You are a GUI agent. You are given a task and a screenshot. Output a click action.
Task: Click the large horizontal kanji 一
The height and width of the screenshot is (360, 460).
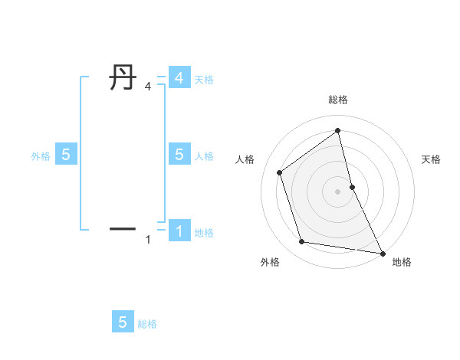pyautogui.click(x=123, y=227)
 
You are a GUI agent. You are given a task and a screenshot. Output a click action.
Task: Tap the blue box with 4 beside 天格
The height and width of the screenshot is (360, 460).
pyautogui.click(x=179, y=78)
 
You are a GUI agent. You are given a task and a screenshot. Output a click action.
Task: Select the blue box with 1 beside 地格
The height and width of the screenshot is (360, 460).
pyautogui.click(x=179, y=230)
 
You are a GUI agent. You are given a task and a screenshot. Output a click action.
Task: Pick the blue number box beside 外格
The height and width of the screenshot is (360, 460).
pyautogui.click(x=66, y=155)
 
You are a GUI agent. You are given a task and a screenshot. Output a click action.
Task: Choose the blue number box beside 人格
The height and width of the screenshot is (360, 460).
pyautogui.click(x=179, y=155)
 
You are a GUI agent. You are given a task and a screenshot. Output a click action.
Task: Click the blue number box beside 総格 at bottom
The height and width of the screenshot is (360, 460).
pyautogui.click(x=123, y=322)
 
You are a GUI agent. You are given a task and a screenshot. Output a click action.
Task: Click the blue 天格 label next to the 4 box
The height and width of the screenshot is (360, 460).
pyautogui.click(x=204, y=80)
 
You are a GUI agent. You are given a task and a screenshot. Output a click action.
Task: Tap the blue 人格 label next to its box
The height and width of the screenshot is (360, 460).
pyautogui.click(x=204, y=156)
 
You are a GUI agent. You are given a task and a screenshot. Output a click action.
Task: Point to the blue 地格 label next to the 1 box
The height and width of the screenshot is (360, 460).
pyautogui.click(x=204, y=233)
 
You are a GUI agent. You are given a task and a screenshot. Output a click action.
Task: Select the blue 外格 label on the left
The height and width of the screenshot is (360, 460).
pyautogui.click(x=41, y=156)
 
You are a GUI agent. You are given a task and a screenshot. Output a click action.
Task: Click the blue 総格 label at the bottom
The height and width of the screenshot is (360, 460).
pyautogui.click(x=147, y=324)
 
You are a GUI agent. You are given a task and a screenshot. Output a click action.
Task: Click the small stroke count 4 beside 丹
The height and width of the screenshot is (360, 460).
pyautogui.click(x=148, y=87)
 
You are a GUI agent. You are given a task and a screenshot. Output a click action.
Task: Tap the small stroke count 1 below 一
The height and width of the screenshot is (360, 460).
pyautogui.click(x=148, y=241)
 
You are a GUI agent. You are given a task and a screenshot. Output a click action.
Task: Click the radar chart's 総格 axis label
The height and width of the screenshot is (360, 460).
pyautogui.click(x=338, y=100)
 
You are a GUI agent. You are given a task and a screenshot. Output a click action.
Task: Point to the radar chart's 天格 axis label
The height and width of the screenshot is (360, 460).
pyautogui.click(x=431, y=159)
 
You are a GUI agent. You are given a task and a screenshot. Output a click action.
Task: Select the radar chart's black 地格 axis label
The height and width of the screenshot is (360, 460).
pyautogui.click(x=402, y=262)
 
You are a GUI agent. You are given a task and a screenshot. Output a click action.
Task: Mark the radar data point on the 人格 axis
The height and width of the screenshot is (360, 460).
pyautogui.click(x=280, y=172)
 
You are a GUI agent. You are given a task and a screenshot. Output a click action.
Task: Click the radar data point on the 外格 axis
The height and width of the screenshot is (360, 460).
pyautogui.click(x=302, y=242)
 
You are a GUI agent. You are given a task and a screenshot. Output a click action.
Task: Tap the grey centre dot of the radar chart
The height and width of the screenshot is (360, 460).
pyautogui.click(x=338, y=191)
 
